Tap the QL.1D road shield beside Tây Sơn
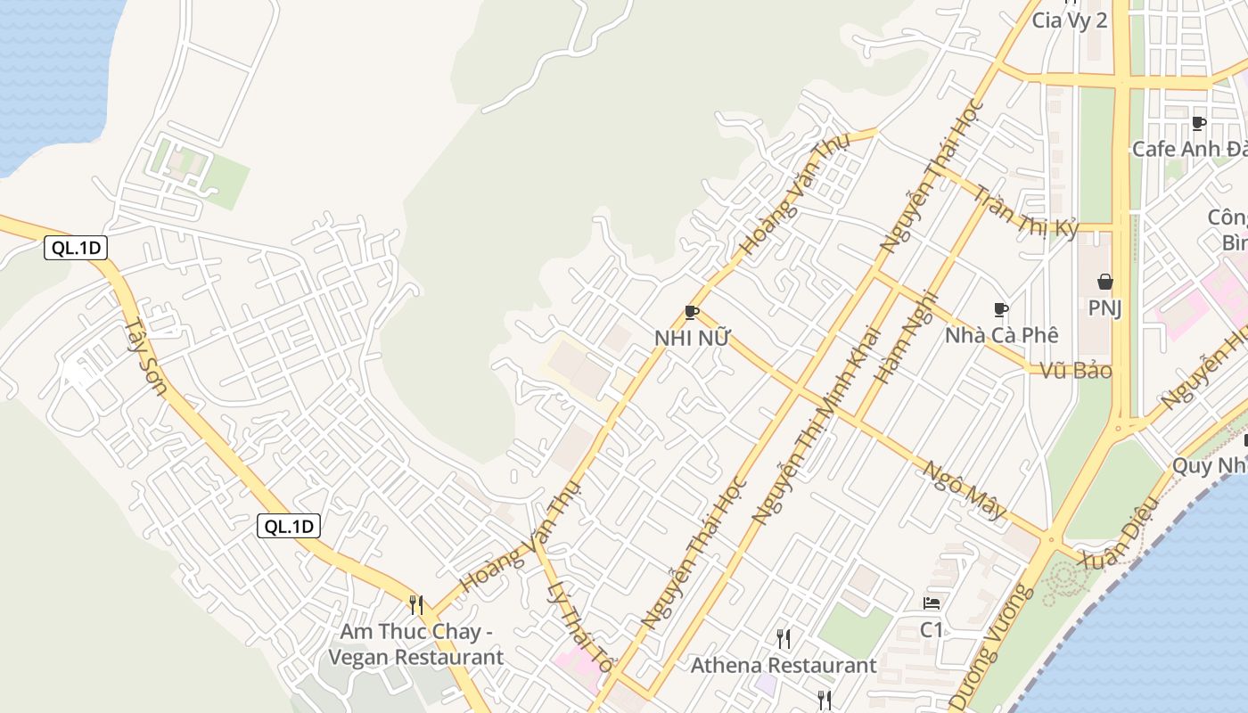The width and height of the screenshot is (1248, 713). pos(76,249)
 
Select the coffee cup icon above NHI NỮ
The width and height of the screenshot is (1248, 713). pos(691,312)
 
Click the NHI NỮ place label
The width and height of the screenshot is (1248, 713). pos(692,339)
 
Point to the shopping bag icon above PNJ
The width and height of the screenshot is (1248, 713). pos(1104,282)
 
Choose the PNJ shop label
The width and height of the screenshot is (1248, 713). pos(1104,308)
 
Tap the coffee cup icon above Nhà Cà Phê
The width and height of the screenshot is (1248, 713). pos(1001,309)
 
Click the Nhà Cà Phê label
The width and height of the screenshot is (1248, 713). pos(1002,335)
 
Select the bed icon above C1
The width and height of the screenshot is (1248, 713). pos(932,603)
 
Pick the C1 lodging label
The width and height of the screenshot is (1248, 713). pos(932,629)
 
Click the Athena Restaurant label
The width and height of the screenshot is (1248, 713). pos(784,665)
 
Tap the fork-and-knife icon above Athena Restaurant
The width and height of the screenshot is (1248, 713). pos(783,638)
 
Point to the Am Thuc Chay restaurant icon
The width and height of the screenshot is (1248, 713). pos(415,604)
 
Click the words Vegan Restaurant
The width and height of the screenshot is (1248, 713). pos(415,658)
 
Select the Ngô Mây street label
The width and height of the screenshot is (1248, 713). pos(965,490)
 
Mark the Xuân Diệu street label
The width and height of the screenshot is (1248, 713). pos(1119,533)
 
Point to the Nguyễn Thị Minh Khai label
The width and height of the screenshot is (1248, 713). pos(816,425)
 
